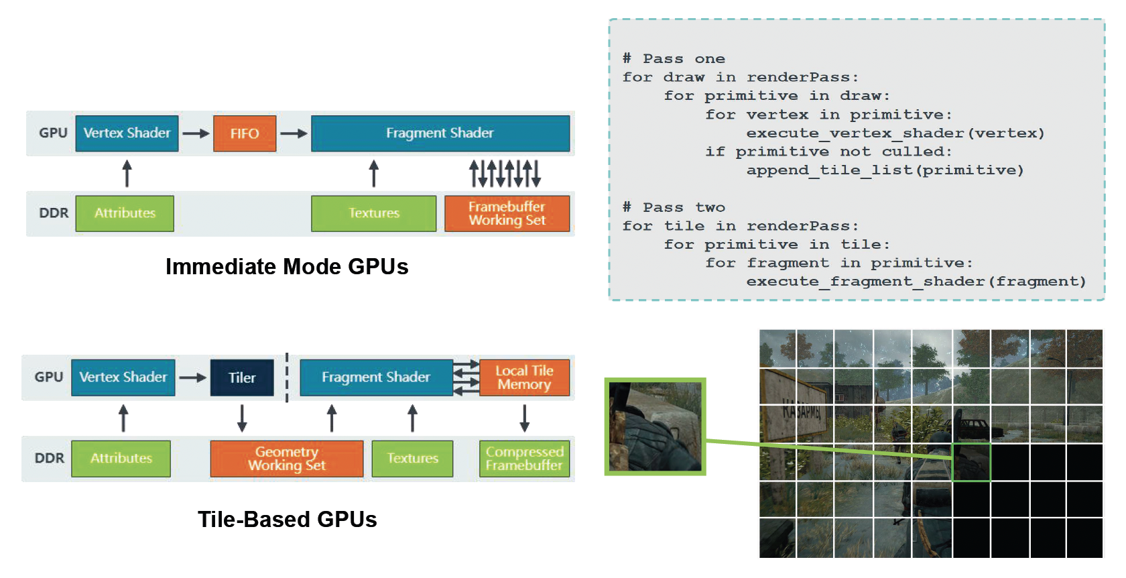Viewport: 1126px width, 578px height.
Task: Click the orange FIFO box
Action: pos(245,133)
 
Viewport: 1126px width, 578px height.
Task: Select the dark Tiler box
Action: pos(242,378)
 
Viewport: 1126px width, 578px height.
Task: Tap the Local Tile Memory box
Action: pos(524,378)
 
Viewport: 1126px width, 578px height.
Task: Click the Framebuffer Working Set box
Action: pos(507,213)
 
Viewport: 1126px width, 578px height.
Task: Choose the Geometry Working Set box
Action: pos(287,459)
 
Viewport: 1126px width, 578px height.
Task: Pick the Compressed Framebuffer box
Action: pos(524,459)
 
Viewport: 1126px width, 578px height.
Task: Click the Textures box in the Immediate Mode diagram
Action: pos(373,213)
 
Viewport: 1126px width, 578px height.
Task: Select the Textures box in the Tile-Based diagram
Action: pos(412,459)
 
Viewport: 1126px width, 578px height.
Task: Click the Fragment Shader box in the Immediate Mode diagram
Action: pos(440,133)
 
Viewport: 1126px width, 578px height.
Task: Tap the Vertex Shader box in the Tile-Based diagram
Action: pos(123,378)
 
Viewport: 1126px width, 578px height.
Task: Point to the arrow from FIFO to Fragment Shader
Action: pos(294,133)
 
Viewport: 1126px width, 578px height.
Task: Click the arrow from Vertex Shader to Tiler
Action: pos(192,378)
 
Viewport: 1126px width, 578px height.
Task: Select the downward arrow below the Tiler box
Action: pos(242,418)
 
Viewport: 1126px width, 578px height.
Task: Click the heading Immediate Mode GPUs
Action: pos(287,267)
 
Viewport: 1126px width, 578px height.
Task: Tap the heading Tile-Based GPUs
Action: pos(287,520)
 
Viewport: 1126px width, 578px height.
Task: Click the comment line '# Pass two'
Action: pos(674,207)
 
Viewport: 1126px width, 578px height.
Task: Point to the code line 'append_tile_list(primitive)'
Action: pos(885,170)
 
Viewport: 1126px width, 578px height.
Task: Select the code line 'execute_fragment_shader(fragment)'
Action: pos(916,282)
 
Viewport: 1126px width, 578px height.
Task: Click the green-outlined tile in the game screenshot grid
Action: pos(971,462)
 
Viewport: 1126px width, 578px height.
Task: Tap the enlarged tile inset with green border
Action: pos(655,426)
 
